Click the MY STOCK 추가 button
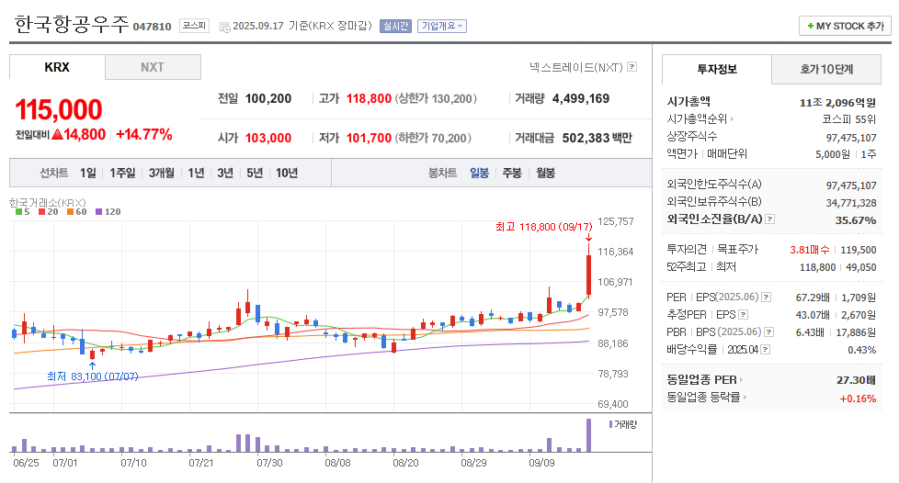pos(845,26)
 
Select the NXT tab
pos(153,67)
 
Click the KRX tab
pos(57,67)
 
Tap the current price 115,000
pos(59,110)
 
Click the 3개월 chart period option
pos(162,173)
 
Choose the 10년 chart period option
pos(287,173)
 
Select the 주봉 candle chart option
pos(511,173)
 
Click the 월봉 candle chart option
pos(545,173)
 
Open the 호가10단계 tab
pos(826,69)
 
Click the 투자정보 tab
pos(717,69)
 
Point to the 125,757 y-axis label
pos(616,221)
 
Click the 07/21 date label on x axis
pos(201,464)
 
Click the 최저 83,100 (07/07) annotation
pos(92,376)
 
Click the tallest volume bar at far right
pos(588,435)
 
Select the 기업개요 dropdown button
pos(442,26)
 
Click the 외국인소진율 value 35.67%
pos(856,220)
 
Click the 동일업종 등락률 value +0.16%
pos(858,399)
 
